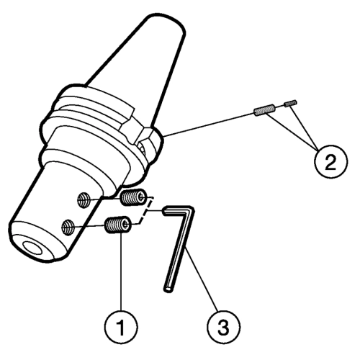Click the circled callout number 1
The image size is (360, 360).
click(121, 327)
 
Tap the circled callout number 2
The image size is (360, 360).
click(330, 161)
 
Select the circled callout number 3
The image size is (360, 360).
click(223, 327)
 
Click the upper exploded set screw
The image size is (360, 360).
click(133, 197)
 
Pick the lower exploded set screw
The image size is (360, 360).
click(119, 225)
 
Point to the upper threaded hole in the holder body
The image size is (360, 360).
click(84, 199)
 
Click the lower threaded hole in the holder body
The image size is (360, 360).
click(68, 227)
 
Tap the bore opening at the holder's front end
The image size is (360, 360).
click(32, 248)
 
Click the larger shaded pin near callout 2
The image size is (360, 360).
click(264, 110)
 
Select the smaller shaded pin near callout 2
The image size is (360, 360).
click(290, 103)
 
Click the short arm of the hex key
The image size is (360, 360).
click(178, 211)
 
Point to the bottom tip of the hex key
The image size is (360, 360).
click(168, 289)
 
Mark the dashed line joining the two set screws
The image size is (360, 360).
click(145, 211)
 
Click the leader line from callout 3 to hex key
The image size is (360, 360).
click(202, 279)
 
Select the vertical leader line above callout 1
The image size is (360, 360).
click(121, 271)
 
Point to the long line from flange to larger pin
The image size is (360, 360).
click(209, 125)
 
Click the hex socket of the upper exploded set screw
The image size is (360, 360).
click(143, 197)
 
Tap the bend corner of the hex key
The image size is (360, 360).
click(191, 210)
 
